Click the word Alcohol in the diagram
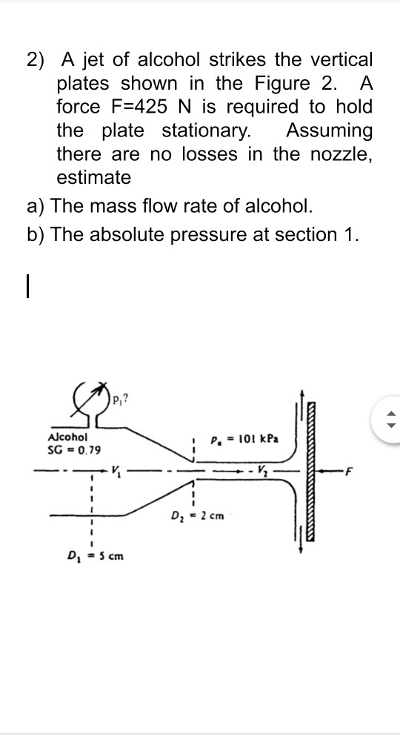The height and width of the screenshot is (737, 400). tap(67, 437)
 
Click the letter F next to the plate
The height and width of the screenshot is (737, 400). tap(353, 469)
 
